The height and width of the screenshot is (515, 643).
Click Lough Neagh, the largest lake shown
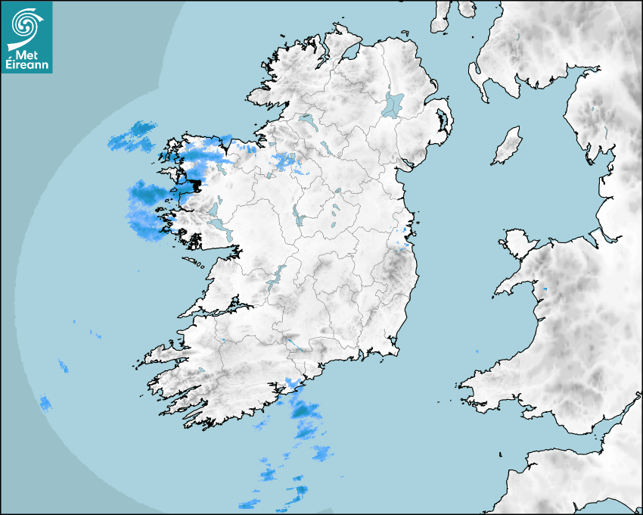pos(394,104)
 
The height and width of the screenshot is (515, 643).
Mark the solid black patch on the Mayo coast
pos(196,183)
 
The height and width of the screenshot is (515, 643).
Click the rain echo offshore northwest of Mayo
pos(132,136)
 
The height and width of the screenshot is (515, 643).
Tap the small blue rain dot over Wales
pos(545,289)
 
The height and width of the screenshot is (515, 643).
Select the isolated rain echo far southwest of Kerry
pos(45,403)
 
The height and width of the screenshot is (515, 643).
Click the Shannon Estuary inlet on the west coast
pos(219,310)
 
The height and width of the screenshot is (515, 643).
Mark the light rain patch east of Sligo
pos(285,161)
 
